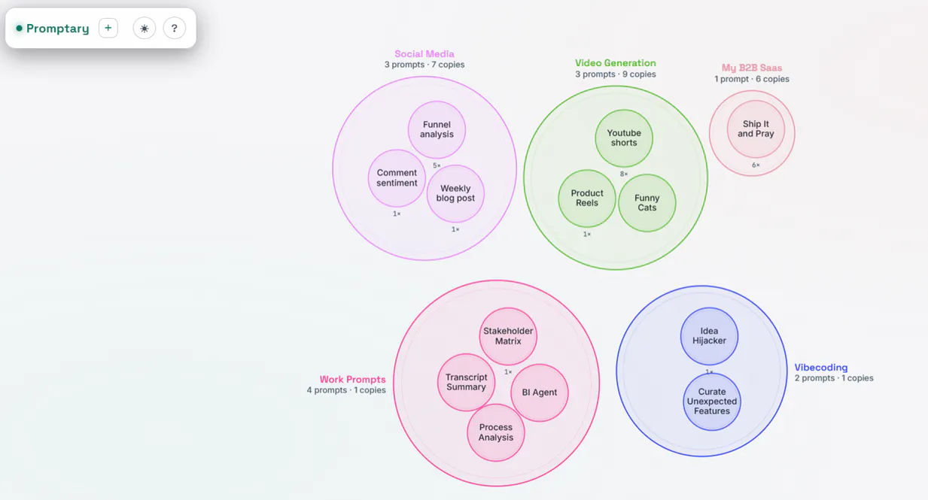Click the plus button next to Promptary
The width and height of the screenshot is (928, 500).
pyautogui.click(x=108, y=28)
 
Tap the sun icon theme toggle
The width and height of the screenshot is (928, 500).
pyautogui.click(x=145, y=28)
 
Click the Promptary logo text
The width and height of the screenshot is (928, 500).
pyautogui.click(x=58, y=29)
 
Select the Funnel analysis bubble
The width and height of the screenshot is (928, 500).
pyautogui.click(x=437, y=129)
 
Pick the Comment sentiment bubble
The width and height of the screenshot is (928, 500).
pyautogui.click(x=397, y=178)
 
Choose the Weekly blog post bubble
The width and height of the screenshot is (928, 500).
pyautogui.click(x=455, y=193)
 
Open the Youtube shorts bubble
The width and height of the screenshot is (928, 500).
pyautogui.click(x=624, y=138)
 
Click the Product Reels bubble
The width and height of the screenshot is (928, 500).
pyautogui.click(x=587, y=198)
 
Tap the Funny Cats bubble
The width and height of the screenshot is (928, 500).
pyautogui.click(x=647, y=203)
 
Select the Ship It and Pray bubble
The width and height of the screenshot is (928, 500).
pyautogui.click(x=756, y=129)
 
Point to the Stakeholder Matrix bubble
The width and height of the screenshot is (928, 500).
pyautogui.click(x=508, y=336)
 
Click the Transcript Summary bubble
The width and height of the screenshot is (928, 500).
pyautogui.click(x=466, y=382)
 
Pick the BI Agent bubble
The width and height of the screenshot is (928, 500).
pyautogui.click(x=540, y=392)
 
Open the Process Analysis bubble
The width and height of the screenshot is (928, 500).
pyautogui.click(x=496, y=432)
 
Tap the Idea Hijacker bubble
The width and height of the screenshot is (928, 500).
pyautogui.click(x=709, y=336)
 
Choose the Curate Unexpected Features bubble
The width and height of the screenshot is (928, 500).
pyautogui.click(x=712, y=402)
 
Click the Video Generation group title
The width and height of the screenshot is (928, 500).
pyautogui.click(x=615, y=63)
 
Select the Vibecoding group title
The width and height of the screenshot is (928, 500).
pyautogui.click(x=820, y=368)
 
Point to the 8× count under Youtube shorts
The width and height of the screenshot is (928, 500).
pyautogui.click(x=623, y=174)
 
